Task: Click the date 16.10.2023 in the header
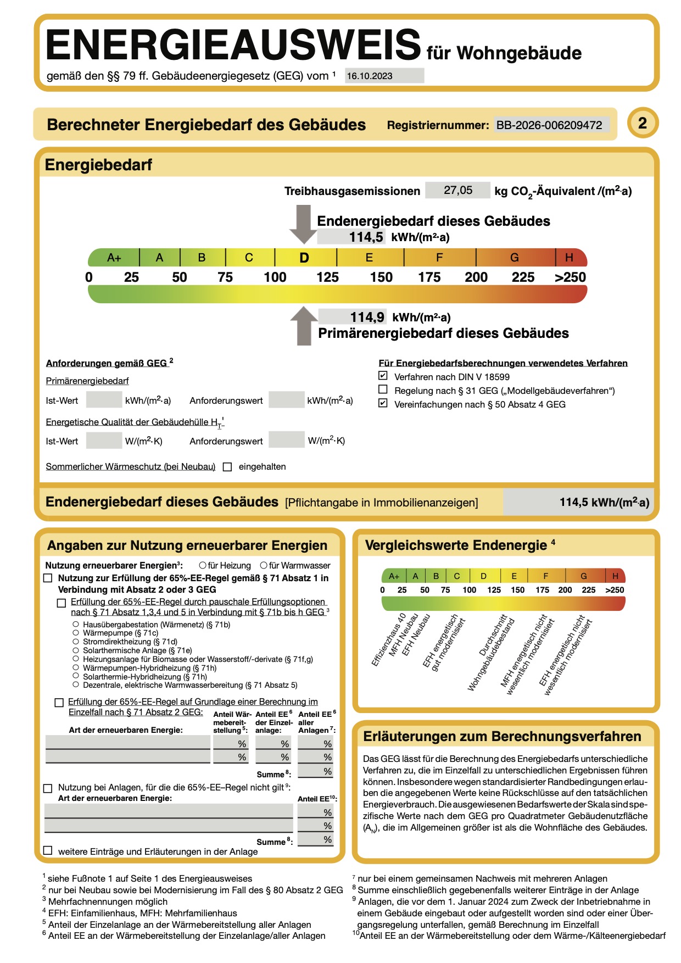[x=370, y=76]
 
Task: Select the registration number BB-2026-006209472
[x=549, y=125]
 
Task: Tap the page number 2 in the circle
[x=642, y=123]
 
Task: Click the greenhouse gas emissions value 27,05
[x=457, y=190]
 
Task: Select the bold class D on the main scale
[x=304, y=258]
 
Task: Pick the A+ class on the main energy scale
[x=114, y=258]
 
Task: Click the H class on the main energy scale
[x=569, y=258]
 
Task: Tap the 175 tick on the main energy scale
[x=429, y=277]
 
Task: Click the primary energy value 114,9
[x=367, y=317]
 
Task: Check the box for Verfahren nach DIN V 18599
[x=383, y=376]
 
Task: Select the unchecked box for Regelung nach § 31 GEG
[x=383, y=390]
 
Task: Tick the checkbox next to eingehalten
[x=227, y=467]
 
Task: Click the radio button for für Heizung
[x=203, y=565]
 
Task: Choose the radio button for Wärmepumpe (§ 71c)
[x=76, y=633]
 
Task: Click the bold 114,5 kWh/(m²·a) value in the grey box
[x=604, y=502]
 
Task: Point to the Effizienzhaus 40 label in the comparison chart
[x=388, y=640]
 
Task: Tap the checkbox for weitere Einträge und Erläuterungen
[x=48, y=850]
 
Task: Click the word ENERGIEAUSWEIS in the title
[x=233, y=45]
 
